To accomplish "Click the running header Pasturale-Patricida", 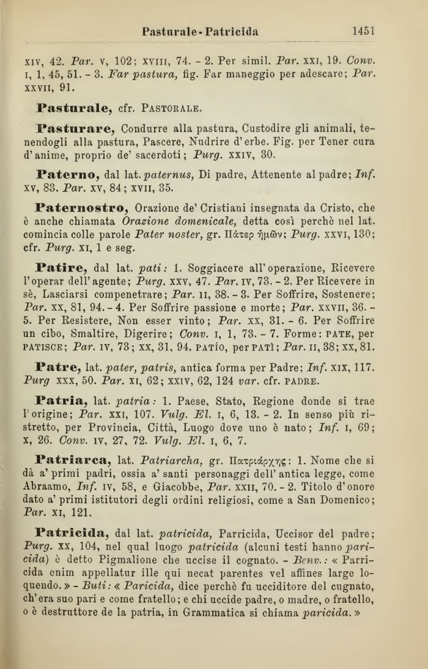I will click(x=200, y=31).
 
